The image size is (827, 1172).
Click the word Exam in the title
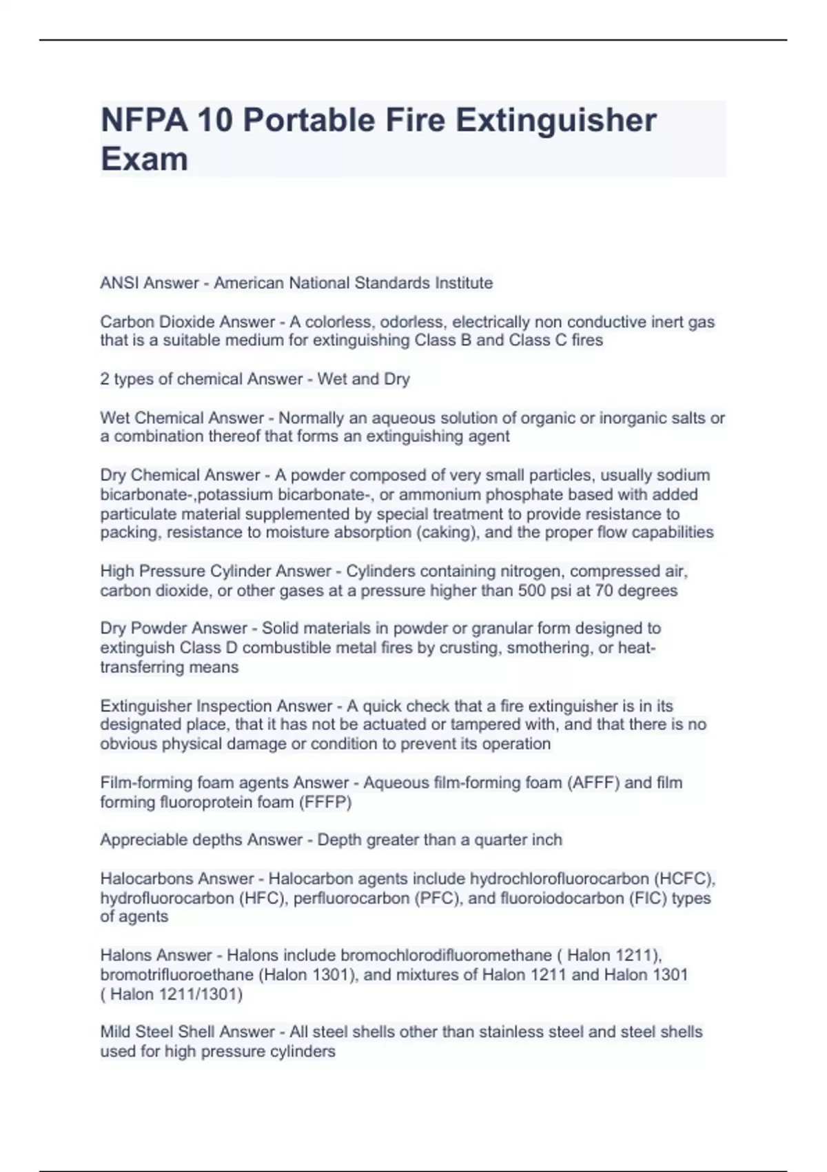[144, 159]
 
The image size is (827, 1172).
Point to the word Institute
[463, 283]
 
